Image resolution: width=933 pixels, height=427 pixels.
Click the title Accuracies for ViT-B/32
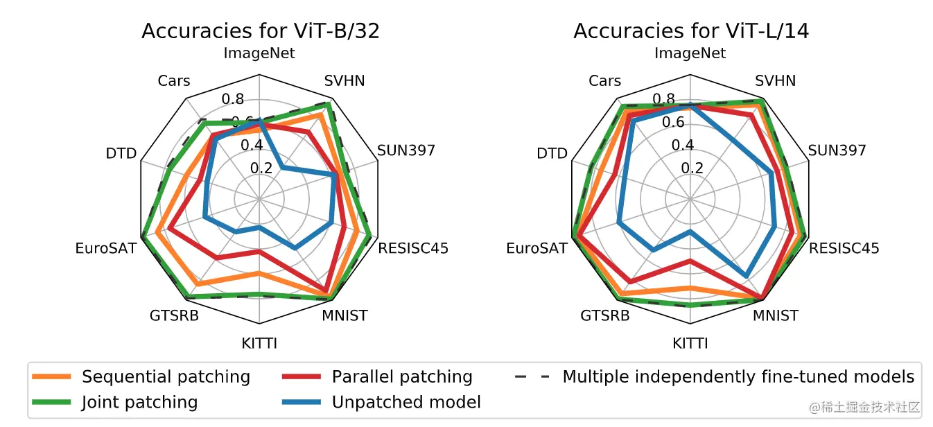261,31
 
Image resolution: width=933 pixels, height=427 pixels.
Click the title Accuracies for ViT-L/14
691,31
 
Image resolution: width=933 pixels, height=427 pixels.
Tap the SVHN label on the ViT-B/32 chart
345,81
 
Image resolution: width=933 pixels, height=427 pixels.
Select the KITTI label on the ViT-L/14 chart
690,344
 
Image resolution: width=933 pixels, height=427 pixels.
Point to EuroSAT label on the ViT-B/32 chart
106,248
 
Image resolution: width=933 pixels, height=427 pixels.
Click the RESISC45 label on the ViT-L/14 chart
844,248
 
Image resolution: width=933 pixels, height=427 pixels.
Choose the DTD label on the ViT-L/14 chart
552,153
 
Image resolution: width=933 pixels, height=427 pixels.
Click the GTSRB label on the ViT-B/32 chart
174,316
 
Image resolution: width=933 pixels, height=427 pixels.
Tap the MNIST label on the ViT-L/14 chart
776,316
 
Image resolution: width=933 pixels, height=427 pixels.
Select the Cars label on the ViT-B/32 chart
174,81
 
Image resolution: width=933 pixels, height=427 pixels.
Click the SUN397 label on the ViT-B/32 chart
406,150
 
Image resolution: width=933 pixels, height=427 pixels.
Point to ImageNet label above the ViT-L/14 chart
690,53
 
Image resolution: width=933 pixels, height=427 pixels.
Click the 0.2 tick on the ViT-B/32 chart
261,168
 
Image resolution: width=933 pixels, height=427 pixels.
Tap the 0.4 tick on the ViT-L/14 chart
683,145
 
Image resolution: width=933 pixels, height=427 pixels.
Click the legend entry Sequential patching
141,376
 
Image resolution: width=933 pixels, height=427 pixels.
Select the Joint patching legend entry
115,402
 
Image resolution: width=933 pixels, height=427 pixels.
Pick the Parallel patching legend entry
377,376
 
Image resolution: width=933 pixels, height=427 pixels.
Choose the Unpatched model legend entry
381,402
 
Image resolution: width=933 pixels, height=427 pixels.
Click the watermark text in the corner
864,407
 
